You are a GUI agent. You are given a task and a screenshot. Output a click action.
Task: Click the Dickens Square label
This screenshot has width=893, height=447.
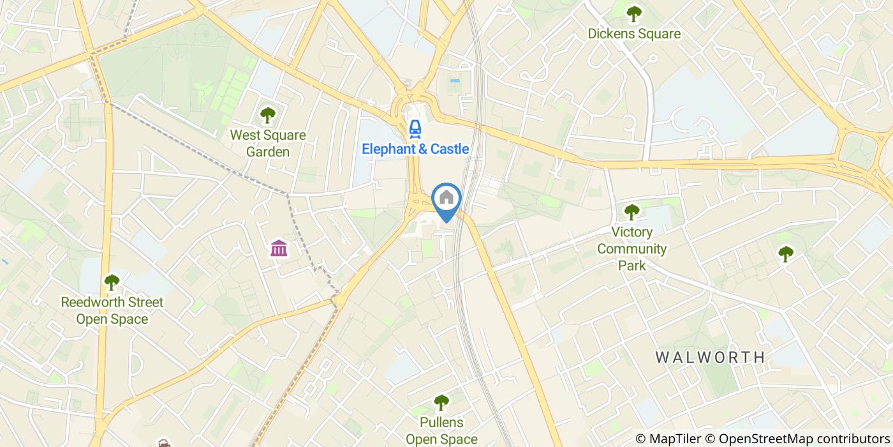point(633,34)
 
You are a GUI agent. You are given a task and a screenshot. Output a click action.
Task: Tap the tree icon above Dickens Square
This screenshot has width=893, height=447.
point(633,12)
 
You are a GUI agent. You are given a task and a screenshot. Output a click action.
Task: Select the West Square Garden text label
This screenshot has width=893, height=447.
point(268,144)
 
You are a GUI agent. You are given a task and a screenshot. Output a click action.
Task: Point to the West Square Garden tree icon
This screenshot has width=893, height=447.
point(268,116)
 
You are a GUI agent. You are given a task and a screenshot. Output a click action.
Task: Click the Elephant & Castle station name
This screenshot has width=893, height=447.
point(415,149)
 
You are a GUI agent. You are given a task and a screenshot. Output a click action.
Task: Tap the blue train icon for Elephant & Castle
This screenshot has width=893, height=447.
point(415,128)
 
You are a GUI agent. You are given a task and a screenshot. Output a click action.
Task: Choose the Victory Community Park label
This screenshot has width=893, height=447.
point(631,248)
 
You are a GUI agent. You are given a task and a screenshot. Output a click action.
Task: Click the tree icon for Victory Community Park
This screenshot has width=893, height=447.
point(631,211)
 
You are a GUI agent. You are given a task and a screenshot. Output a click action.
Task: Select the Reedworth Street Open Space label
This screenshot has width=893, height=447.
point(112,310)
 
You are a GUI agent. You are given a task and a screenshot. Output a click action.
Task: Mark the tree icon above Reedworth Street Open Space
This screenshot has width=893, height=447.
point(112,282)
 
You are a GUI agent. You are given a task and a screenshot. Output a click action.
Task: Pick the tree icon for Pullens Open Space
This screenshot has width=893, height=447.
point(441,402)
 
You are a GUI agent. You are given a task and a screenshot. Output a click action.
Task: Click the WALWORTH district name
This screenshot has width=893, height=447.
point(711,357)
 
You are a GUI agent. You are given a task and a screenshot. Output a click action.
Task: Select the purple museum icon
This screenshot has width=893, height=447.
point(279,248)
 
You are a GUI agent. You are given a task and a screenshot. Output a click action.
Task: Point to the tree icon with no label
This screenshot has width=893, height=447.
point(786,254)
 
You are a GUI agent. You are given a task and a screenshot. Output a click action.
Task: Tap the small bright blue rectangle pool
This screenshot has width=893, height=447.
point(455,81)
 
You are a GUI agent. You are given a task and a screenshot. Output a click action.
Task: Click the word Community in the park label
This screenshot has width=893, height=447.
point(631,248)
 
